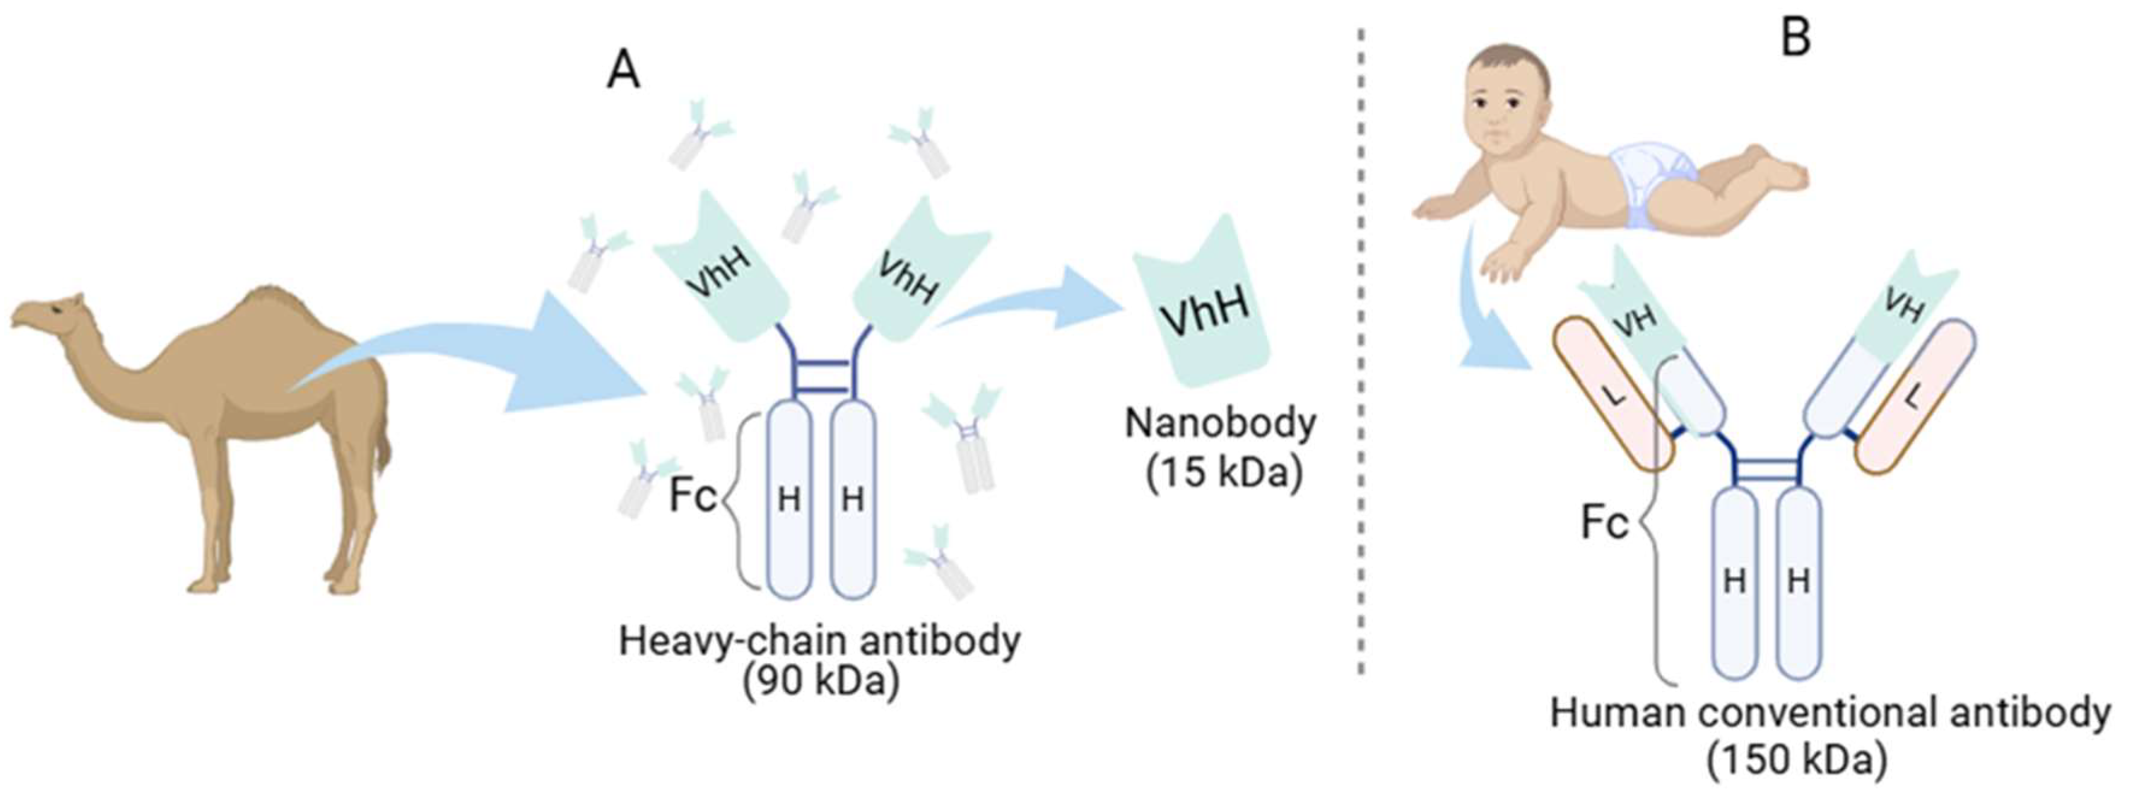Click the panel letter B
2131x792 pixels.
click(1795, 37)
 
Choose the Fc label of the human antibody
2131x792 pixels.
click(1604, 522)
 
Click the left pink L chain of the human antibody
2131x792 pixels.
click(1613, 395)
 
